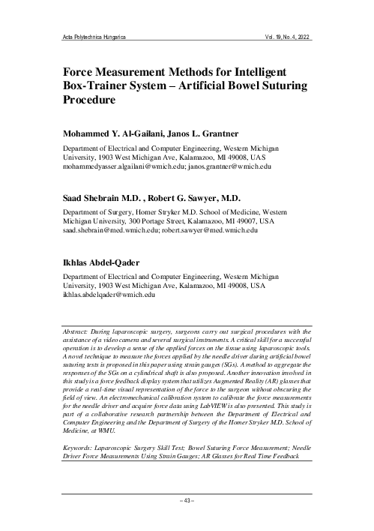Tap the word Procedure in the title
click(91, 105)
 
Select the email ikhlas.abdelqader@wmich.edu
click(108, 297)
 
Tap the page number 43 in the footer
click(187, 500)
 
